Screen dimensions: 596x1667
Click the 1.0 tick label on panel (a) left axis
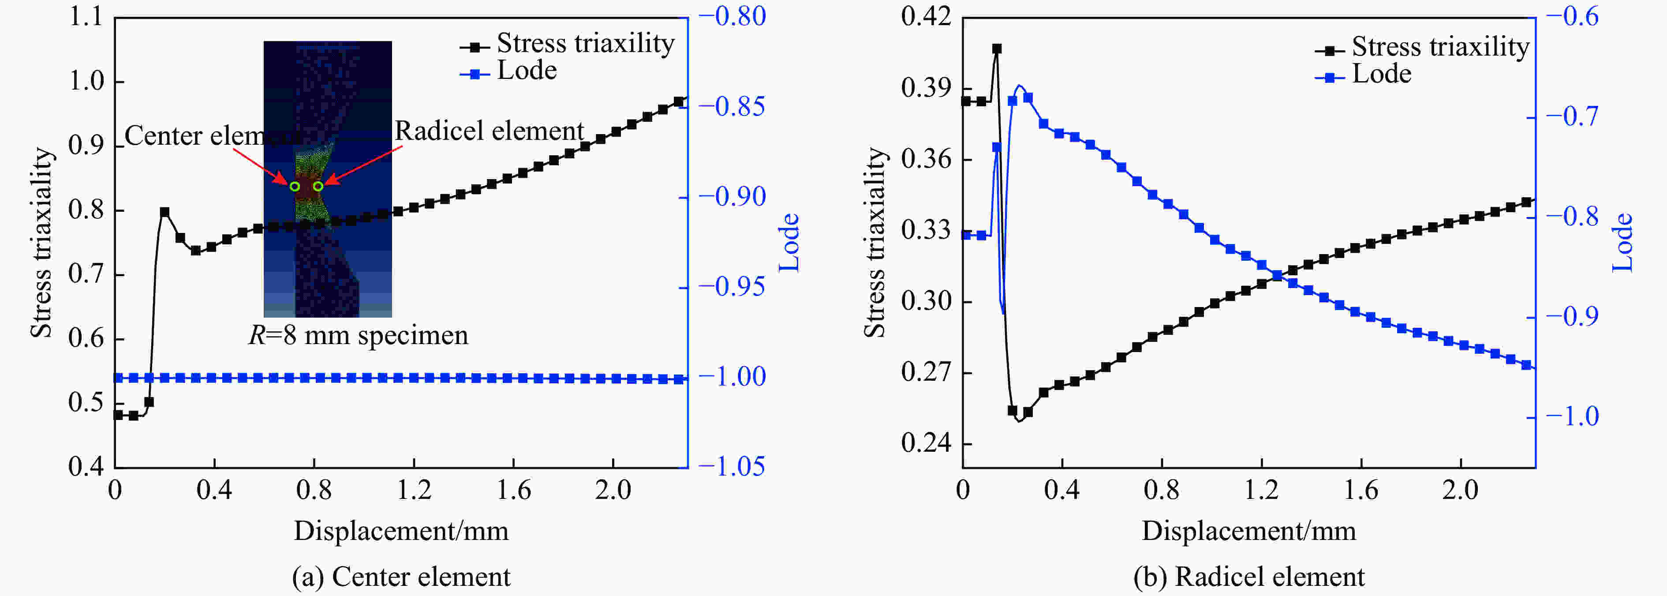point(86,82)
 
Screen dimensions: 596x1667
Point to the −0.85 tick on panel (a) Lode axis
point(739,107)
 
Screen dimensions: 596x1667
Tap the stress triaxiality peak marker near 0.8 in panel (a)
point(164,212)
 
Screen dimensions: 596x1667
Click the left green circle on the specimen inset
point(295,186)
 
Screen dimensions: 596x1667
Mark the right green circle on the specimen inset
point(318,186)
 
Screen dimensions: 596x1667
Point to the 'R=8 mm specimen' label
point(359,335)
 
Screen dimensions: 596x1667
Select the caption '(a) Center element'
point(401,577)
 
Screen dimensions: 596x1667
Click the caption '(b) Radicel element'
point(1249,577)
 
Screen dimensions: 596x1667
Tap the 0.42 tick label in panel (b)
point(927,17)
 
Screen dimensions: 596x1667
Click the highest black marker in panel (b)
point(997,49)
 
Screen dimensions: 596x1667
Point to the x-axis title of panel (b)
point(1249,531)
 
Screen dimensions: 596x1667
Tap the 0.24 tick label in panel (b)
point(927,443)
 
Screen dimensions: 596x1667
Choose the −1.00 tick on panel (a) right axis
point(739,377)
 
